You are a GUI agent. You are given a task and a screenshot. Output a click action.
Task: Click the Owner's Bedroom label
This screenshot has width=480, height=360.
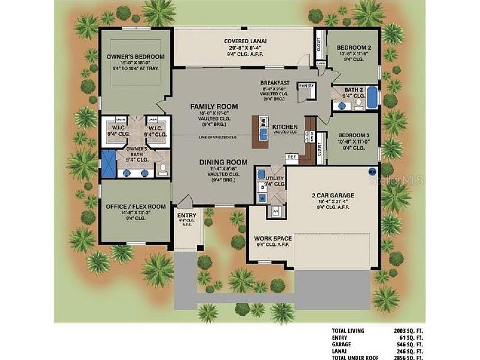pyautogui.click(x=135, y=57)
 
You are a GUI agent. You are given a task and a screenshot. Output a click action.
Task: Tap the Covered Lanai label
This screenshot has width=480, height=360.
pyautogui.click(x=245, y=41)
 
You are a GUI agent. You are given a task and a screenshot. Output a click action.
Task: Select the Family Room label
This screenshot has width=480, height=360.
pyautogui.click(x=214, y=107)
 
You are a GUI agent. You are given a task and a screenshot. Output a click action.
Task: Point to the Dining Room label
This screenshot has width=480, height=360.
pyautogui.click(x=214, y=161)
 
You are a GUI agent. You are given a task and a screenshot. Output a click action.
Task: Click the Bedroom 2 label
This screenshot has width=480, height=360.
pyautogui.click(x=353, y=47)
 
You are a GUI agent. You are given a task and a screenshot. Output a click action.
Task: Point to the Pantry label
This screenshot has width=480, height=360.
pyautogui.click(x=306, y=86)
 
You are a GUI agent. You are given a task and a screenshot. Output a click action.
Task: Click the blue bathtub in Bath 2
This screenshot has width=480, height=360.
pyautogui.click(x=371, y=98)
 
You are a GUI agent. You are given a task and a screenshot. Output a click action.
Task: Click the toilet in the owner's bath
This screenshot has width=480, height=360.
pyautogui.click(x=163, y=170)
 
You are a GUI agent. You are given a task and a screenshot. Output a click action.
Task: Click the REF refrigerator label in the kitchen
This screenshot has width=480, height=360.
pyautogui.click(x=291, y=157)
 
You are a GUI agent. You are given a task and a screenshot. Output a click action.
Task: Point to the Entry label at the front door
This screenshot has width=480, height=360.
pyautogui.click(x=187, y=216)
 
